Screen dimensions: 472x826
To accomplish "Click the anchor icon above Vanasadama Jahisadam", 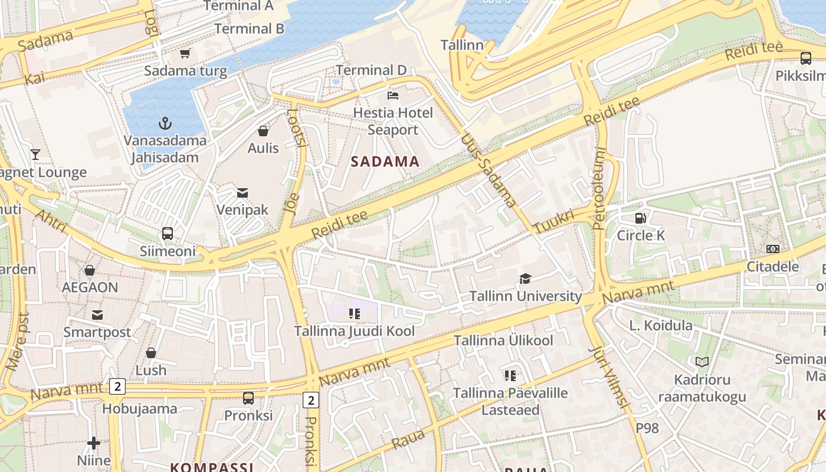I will tap(166, 123).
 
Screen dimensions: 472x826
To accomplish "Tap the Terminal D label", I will tap(371, 70).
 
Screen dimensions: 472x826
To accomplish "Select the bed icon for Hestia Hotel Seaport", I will tap(393, 95).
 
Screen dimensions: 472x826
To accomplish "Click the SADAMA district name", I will tap(385, 162).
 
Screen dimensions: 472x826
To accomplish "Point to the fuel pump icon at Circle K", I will tap(640, 218).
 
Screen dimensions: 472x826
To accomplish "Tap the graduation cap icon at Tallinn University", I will tap(525, 278).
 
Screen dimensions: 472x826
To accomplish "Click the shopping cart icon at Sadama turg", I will tap(185, 54).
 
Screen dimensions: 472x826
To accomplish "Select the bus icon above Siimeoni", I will tap(168, 234).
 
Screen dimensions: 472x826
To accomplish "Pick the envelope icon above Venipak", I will tap(242, 192).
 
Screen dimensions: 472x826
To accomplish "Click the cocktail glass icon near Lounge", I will tap(35, 155).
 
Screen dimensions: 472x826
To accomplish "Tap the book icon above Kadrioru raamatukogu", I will tap(702, 362).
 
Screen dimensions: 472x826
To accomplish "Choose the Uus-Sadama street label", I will tap(489, 171).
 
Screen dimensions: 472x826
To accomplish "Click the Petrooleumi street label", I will tap(599, 188).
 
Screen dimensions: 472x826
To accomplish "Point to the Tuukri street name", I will tap(553, 221).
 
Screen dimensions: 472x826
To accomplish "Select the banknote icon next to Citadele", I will tap(772, 249).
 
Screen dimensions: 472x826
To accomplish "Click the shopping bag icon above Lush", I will tap(151, 353).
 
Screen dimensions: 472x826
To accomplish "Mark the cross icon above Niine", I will tap(94, 442).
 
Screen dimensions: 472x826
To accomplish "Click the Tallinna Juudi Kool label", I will tap(355, 331).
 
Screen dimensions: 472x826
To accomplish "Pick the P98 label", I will tap(647, 428).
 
